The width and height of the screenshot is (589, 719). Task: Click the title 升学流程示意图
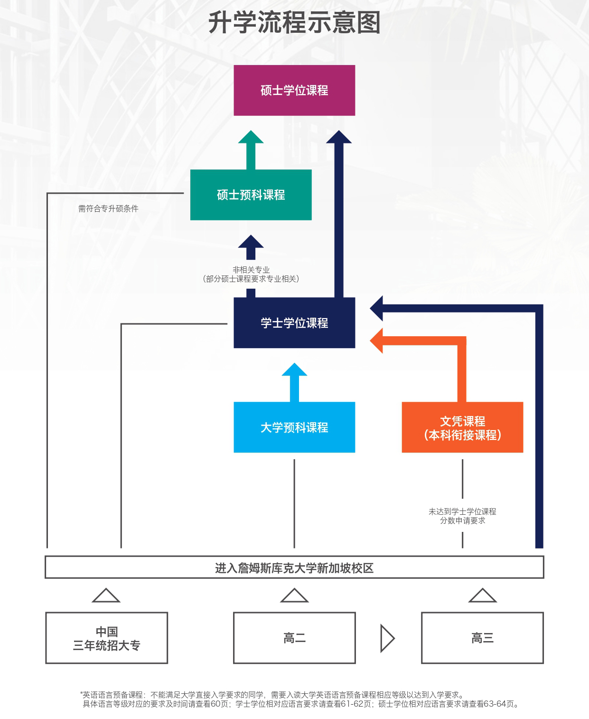point(294,23)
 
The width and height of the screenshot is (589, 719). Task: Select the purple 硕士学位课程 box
point(294,90)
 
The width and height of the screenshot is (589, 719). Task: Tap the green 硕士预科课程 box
point(251,195)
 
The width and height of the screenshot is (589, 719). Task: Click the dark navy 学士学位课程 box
point(294,323)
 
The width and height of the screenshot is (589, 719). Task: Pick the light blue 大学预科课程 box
point(294,427)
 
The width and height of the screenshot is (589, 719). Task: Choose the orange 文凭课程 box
point(462,427)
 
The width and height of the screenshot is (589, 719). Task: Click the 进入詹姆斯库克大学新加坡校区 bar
point(294,568)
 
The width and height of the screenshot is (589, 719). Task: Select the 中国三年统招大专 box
point(106,638)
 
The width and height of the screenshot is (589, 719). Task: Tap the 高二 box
point(294,638)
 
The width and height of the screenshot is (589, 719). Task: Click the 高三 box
point(482,638)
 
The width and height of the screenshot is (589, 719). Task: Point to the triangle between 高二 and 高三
point(387,638)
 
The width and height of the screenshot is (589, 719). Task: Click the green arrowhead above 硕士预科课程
point(251,138)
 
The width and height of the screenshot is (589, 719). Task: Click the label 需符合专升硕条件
point(108,208)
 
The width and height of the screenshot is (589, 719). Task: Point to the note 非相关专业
point(251,270)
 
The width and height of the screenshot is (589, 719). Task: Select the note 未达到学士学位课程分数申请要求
point(462,516)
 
